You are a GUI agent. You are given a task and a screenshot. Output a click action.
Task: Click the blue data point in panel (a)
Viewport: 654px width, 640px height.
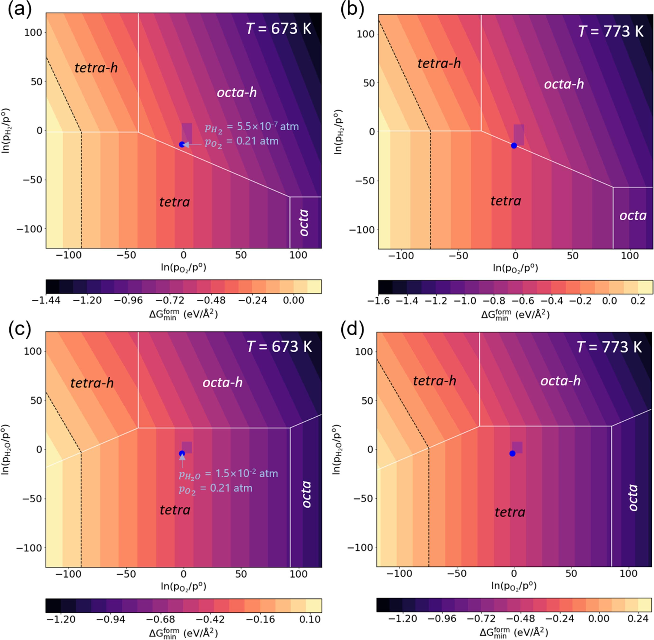(182, 145)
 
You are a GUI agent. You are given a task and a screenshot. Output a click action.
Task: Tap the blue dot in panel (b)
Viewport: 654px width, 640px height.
(514, 145)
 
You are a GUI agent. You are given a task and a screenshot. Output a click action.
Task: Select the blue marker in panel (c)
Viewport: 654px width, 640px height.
(182, 454)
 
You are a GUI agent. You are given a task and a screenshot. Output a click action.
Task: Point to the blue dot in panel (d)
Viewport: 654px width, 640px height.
(512, 454)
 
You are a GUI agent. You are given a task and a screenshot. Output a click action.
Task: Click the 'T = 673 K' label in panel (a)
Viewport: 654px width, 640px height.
(278, 28)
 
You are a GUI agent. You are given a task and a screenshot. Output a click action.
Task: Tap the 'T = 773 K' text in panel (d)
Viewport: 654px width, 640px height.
(609, 347)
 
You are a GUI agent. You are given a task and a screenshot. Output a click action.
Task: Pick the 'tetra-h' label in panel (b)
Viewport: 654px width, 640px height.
(439, 63)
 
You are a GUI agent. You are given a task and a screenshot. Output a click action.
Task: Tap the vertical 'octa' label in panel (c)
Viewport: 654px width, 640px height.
(306, 494)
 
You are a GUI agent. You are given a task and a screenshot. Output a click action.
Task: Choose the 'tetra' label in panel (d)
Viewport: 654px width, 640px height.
(510, 512)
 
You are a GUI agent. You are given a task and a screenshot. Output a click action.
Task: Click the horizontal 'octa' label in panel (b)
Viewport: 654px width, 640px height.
(633, 215)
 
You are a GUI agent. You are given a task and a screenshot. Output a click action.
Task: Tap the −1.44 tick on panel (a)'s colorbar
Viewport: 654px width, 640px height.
(46, 300)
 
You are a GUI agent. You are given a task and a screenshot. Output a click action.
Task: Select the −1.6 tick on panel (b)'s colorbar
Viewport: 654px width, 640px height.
(378, 301)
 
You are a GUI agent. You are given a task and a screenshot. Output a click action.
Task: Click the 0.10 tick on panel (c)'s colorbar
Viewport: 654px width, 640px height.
(310, 619)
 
